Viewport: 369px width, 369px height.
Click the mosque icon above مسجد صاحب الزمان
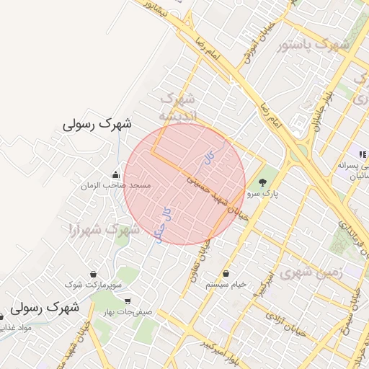coord(115,174)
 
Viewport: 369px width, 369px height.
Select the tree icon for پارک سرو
coord(262,182)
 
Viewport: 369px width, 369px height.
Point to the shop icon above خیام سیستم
coord(227,273)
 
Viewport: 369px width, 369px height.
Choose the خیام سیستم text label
coord(226,284)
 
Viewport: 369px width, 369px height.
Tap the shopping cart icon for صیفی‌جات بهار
coord(128,301)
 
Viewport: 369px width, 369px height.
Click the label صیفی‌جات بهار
coord(128,313)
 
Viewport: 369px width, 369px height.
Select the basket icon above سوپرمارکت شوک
coord(94,274)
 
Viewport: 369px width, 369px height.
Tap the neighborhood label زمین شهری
coord(309,272)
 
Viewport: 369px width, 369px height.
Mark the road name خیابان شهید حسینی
coord(216,196)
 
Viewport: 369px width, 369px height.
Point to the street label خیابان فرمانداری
coord(352,233)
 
